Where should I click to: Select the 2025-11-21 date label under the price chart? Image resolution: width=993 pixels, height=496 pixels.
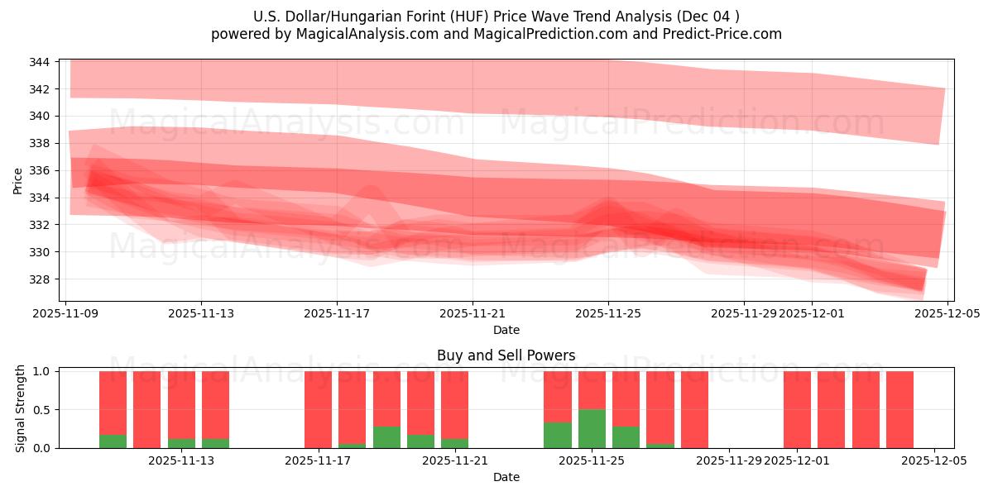473,314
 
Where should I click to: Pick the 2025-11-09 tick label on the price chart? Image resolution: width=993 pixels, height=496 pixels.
65,314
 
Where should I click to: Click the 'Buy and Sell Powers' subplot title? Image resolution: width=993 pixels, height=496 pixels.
506,356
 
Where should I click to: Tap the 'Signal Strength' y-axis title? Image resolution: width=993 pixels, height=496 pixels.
22,408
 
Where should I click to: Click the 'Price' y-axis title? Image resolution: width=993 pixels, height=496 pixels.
18,179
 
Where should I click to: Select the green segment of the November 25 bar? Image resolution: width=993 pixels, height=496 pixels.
592,428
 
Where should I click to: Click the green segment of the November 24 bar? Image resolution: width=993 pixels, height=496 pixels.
558,435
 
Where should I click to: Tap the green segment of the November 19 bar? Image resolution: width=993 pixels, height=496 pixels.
386,437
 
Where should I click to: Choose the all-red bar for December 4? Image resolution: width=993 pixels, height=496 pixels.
899,409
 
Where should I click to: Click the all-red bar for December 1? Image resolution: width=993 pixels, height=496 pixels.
797,409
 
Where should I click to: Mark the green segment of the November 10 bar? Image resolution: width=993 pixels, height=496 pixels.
113,441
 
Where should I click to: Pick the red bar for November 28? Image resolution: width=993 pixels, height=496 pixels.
694,409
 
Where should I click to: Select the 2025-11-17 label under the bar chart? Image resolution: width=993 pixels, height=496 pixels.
318,461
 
